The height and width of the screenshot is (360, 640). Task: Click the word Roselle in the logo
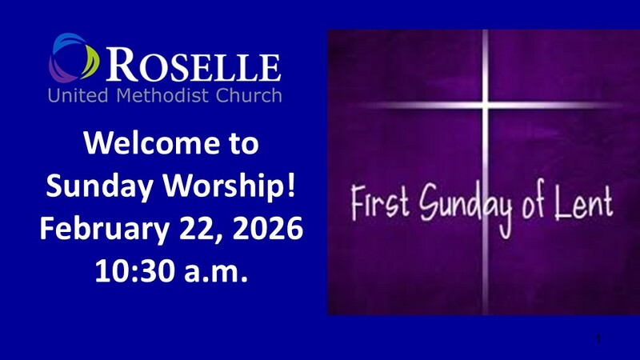pyautogui.click(x=194, y=64)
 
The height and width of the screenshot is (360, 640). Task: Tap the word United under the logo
pyautogui.click(x=78, y=95)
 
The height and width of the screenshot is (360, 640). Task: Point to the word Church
pyautogui.click(x=249, y=95)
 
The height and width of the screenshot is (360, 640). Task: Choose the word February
pyautogui.click(x=104, y=230)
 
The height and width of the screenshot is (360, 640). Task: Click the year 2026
pyautogui.click(x=267, y=228)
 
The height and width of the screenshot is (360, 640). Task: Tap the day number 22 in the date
pyautogui.click(x=198, y=229)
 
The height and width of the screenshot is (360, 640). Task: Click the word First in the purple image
pyautogui.click(x=380, y=202)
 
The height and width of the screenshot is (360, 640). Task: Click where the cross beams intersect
pyautogui.click(x=486, y=106)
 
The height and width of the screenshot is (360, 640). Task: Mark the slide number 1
pyautogui.click(x=598, y=338)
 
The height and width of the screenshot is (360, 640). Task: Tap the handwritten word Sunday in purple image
pyautogui.click(x=466, y=206)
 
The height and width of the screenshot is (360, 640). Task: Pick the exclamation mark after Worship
pyautogui.click(x=290, y=185)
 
